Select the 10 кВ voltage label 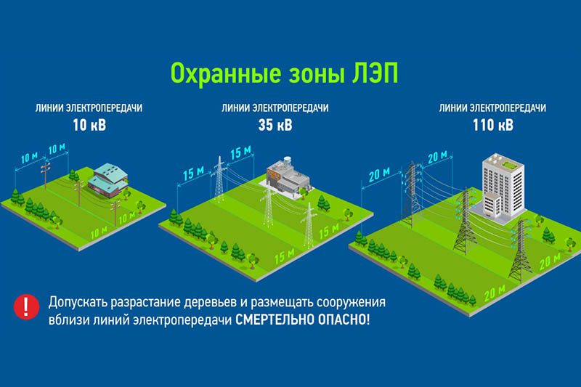(x=89, y=125)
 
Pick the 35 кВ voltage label (x=275, y=125)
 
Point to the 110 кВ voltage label (x=493, y=125)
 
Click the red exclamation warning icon (x=26, y=306)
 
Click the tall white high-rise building (x=503, y=188)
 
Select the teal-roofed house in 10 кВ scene (x=108, y=180)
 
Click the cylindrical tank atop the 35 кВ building (x=287, y=161)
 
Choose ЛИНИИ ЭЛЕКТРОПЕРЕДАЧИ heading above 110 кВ (x=492, y=108)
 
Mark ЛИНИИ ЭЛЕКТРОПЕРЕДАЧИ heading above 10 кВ (x=89, y=108)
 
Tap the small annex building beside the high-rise (x=492, y=205)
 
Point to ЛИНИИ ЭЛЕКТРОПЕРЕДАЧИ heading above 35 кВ (x=275, y=108)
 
